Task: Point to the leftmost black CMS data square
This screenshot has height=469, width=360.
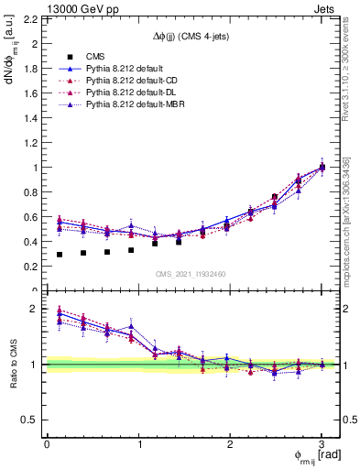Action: (x=60, y=255)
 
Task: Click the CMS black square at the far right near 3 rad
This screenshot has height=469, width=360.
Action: (x=322, y=168)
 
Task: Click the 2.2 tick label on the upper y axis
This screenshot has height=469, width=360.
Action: (x=32, y=18)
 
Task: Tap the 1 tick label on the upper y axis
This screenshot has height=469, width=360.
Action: (x=37, y=168)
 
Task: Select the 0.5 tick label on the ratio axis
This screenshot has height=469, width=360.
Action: (x=32, y=420)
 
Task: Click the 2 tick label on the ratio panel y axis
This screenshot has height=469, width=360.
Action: (x=37, y=309)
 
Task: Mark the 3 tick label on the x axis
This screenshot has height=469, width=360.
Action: (x=322, y=444)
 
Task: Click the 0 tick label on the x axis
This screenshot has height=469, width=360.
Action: (x=47, y=444)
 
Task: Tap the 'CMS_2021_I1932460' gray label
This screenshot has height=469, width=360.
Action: (x=191, y=274)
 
